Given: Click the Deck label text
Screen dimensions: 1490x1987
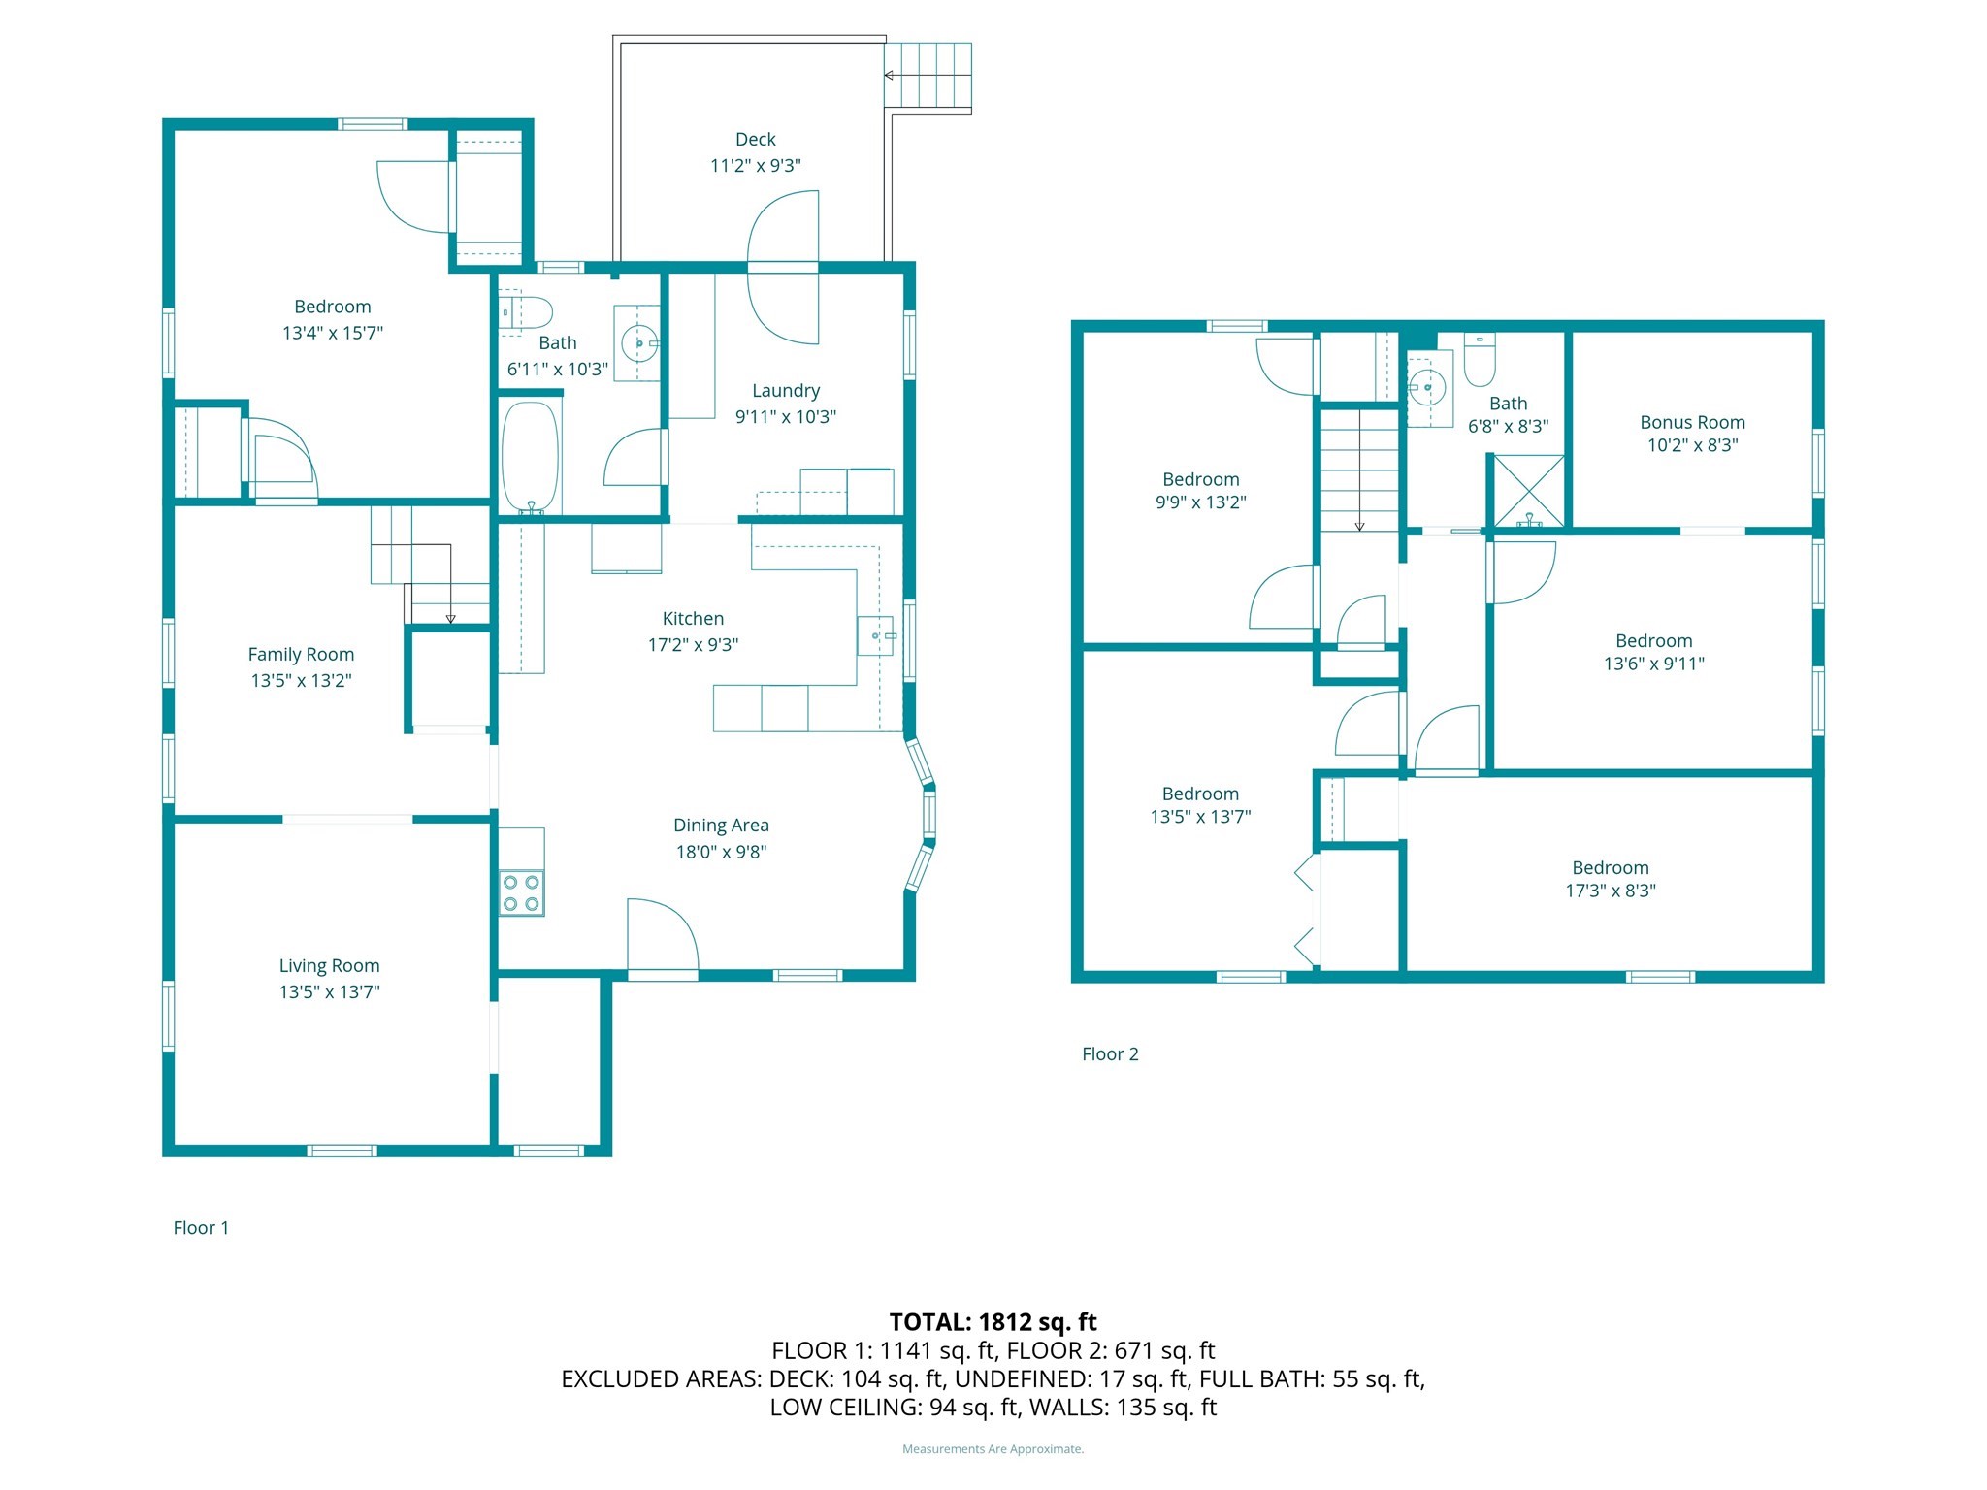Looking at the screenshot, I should click(755, 140).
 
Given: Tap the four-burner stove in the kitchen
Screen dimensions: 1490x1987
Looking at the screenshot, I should click(521, 893).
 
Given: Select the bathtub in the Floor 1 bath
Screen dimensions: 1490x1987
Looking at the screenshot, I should click(531, 456).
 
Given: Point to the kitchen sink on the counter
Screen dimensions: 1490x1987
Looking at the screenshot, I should click(875, 635).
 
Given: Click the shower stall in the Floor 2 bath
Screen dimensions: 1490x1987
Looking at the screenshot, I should click(1528, 492).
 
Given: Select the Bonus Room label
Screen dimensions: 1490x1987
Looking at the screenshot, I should click(1692, 422).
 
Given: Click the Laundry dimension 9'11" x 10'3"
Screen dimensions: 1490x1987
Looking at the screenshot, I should click(785, 417).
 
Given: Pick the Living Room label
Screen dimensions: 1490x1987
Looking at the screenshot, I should click(329, 965).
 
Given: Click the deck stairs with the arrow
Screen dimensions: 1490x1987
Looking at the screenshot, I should click(928, 75).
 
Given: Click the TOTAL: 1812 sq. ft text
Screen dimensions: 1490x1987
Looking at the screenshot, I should click(993, 1321).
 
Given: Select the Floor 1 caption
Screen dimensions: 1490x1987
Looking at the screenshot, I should click(201, 1227).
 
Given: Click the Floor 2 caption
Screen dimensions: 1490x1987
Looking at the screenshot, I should click(1110, 1053).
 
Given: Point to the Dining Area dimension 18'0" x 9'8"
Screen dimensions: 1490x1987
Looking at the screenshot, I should click(721, 852).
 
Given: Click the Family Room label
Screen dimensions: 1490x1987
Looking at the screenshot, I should click(301, 654).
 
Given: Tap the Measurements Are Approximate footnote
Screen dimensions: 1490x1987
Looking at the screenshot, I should click(993, 1449).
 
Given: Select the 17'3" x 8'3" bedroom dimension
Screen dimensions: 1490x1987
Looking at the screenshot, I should click(1610, 891).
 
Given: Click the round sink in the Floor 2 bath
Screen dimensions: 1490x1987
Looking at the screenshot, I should click(1427, 388).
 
